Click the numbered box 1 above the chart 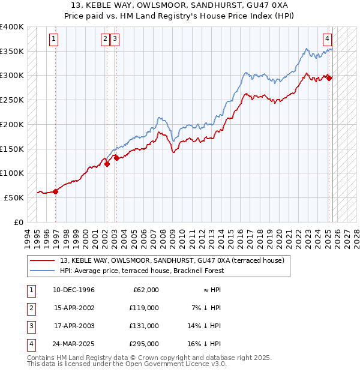[53, 40]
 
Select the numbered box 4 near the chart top [328, 40]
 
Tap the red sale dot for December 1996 [55, 191]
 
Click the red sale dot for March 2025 [329, 77]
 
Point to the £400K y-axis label [11, 27]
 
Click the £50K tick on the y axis [14, 197]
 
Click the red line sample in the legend [43, 260]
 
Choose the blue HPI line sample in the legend [43, 271]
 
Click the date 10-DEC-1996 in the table [74, 290]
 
